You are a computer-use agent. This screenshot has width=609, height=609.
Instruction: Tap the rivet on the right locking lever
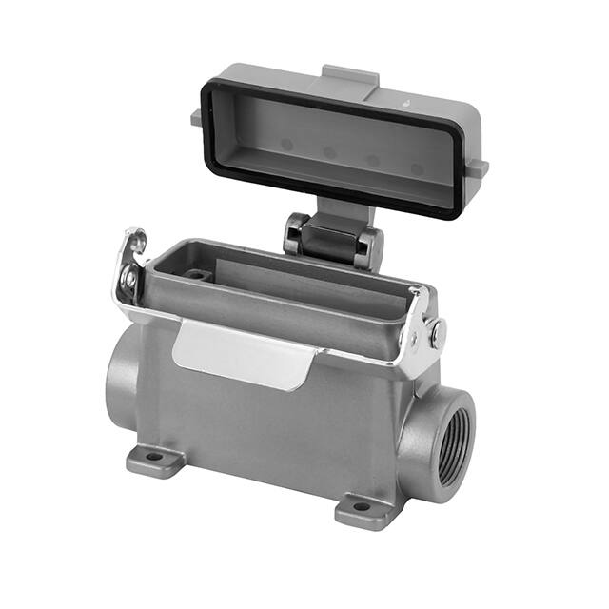437,332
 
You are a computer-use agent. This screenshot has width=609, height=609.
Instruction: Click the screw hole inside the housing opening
198,274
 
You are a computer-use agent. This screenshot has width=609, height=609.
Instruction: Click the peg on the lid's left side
196,115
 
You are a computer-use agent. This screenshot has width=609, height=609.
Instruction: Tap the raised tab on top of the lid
351,74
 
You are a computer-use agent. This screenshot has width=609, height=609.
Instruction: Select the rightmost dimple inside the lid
417,169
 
